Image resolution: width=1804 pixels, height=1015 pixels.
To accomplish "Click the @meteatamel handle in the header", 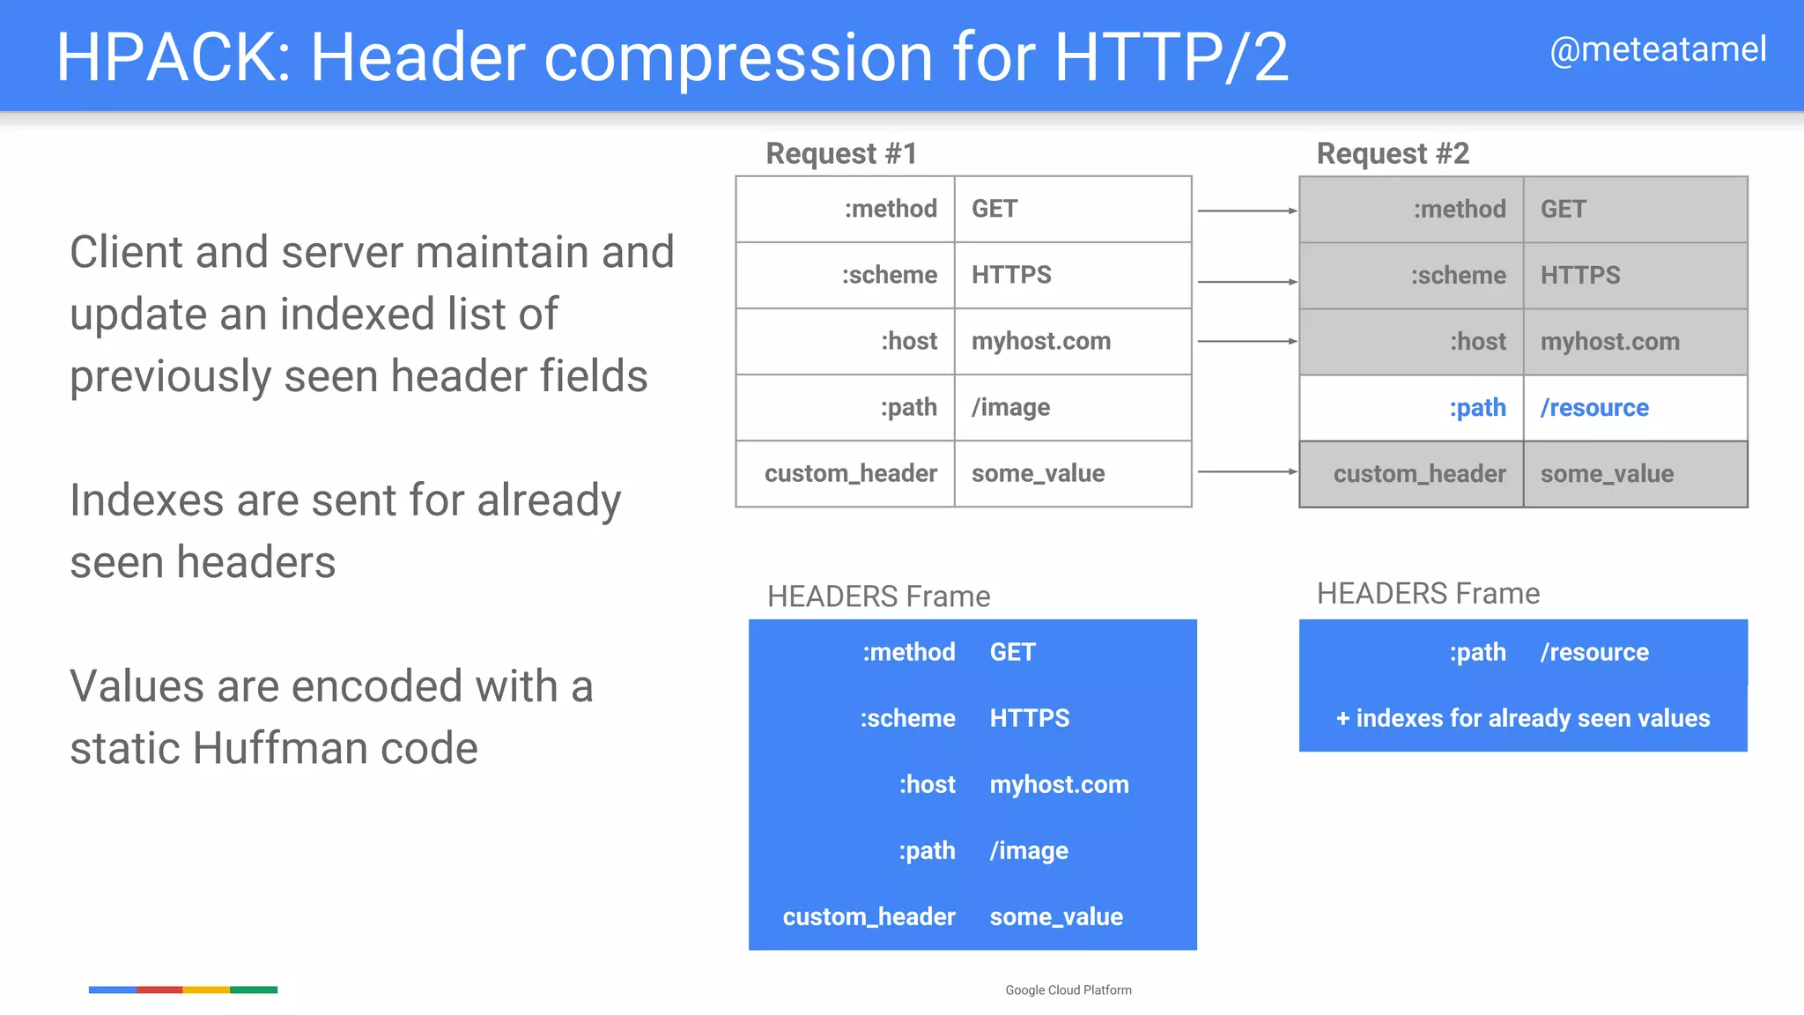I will click(1657, 49).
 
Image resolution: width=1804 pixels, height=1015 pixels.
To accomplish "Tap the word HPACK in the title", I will click(166, 57).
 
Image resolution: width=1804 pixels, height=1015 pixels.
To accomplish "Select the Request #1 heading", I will click(841, 153).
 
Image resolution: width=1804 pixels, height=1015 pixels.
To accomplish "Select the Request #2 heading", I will click(1393, 153).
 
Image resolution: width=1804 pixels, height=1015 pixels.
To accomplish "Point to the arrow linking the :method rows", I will click(1246, 211).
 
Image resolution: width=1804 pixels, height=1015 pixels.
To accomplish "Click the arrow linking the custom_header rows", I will click(1246, 471).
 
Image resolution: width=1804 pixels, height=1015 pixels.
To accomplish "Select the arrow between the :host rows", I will click(1246, 341).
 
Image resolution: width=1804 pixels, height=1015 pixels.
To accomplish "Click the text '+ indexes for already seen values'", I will click(1523, 718).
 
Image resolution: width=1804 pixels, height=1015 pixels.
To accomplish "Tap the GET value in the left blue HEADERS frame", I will click(1012, 652).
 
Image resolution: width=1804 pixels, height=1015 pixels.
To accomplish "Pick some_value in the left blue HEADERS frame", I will click(1056, 916).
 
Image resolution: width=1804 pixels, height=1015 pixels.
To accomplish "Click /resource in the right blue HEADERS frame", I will click(1594, 652).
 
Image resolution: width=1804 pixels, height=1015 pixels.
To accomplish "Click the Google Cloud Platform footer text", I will click(1068, 990).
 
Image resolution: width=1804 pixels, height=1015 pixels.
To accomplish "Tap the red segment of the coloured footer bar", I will click(159, 989).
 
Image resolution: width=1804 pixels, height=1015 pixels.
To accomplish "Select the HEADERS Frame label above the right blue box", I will click(1428, 594).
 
